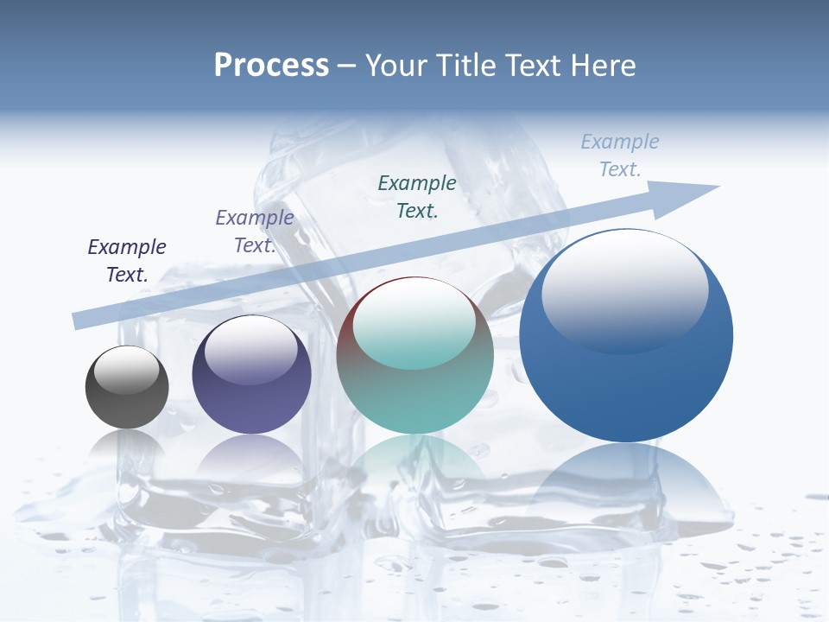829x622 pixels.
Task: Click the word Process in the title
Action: (x=271, y=66)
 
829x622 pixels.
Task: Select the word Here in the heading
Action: (x=601, y=66)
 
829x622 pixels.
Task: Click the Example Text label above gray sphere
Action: (x=127, y=261)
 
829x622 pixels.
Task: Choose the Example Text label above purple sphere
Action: (x=254, y=232)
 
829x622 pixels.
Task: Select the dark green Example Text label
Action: (x=417, y=196)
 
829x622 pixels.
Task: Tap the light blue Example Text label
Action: (x=619, y=155)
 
